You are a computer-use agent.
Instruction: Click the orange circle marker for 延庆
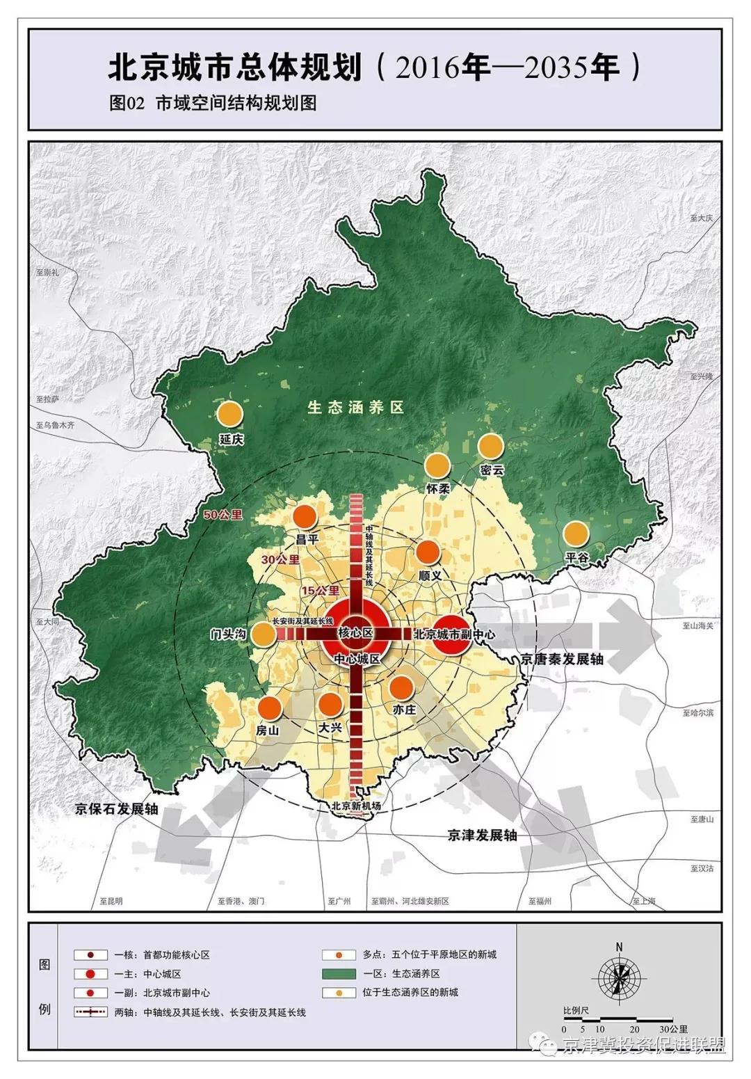coord(229,414)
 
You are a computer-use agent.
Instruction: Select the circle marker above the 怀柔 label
coord(437,465)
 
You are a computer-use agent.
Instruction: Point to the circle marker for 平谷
coord(576,534)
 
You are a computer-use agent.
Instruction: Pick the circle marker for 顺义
coord(428,552)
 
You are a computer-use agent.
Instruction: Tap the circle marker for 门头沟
coord(263,634)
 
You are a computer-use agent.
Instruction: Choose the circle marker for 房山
coord(269,708)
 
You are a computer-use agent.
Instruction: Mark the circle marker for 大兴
coord(330,705)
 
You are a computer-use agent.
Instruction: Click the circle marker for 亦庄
coord(401,687)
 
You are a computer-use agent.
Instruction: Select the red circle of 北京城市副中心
coord(453,634)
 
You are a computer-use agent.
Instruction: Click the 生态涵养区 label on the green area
coord(355,408)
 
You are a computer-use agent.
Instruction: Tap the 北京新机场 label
coord(356,806)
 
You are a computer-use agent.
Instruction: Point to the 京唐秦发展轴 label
coord(562,659)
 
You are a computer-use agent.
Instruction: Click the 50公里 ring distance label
coord(223,515)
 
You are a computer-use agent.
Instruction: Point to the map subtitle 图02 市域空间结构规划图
coord(213,103)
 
